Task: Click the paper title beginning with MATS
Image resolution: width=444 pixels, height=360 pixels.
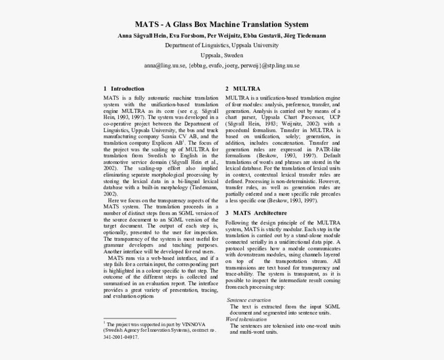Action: click(x=221, y=24)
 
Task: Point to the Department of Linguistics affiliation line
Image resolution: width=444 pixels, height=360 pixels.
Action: click(x=221, y=45)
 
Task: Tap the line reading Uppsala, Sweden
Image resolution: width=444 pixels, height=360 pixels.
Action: click(x=221, y=55)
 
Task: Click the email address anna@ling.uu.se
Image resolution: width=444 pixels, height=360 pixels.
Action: click(x=164, y=66)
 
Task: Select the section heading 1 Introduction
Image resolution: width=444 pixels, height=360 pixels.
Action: click(x=124, y=88)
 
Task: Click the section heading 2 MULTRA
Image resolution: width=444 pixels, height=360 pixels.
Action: click(x=243, y=88)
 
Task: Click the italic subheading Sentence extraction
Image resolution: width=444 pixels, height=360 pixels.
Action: click(x=248, y=300)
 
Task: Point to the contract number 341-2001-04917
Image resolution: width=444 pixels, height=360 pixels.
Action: click(x=121, y=337)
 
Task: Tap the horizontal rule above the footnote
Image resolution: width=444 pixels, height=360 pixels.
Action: click(x=139, y=319)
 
